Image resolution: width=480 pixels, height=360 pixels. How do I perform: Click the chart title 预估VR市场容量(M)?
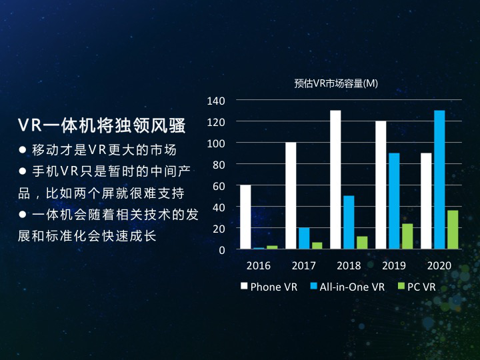pyautogui.click(x=336, y=83)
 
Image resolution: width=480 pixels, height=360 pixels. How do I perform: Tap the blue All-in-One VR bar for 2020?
pyautogui.click(x=439, y=180)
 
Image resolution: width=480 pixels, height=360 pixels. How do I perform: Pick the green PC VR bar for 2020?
pyautogui.click(x=453, y=229)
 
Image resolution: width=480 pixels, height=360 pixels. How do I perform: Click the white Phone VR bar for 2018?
pyautogui.click(x=335, y=180)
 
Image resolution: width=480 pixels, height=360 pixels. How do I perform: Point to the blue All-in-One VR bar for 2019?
pyautogui.click(x=394, y=201)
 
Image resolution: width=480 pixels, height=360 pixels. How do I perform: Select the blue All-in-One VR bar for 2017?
pyautogui.click(x=304, y=238)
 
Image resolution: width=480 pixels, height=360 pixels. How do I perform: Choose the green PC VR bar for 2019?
pyautogui.click(x=407, y=236)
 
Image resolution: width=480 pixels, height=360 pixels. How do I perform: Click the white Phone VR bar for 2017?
pyautogui.click(x=291, y=196)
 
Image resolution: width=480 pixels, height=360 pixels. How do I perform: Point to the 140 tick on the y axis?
pyautogui.click(x=217, y=101)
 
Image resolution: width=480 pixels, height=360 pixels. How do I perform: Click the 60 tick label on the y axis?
pyautogui.click(x=220, y=186)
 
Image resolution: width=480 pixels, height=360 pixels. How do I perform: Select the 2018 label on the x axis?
pyautogui.click(x=349, y=266)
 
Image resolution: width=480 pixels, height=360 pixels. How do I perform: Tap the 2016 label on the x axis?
pyautogui.click(x=259, y=266)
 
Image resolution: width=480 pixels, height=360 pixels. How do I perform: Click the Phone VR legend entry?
pyautogui.click(x=269, y=287)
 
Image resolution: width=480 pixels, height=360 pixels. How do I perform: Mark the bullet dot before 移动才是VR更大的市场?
pyautogui.click(x=23, y=149)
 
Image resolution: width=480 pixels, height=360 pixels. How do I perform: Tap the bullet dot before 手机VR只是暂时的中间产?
pyautogui.click(x=23, y=171)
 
